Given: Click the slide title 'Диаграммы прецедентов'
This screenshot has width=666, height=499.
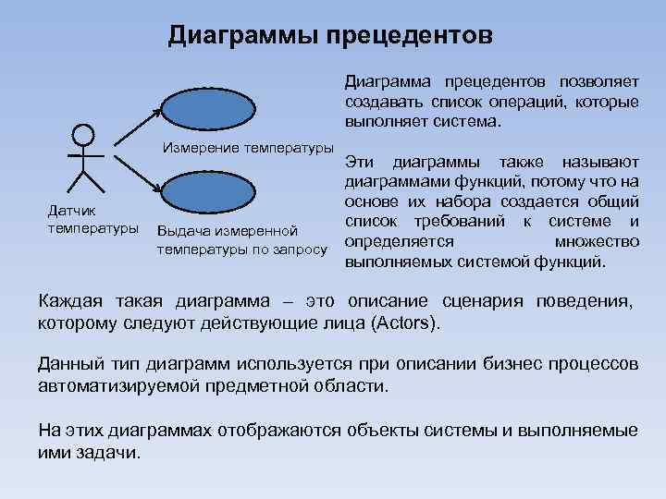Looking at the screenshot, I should coord(330,35).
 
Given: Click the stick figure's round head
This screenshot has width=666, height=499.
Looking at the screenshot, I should coord(83,133).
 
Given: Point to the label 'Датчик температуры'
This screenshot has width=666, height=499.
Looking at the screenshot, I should coord(80,219).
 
